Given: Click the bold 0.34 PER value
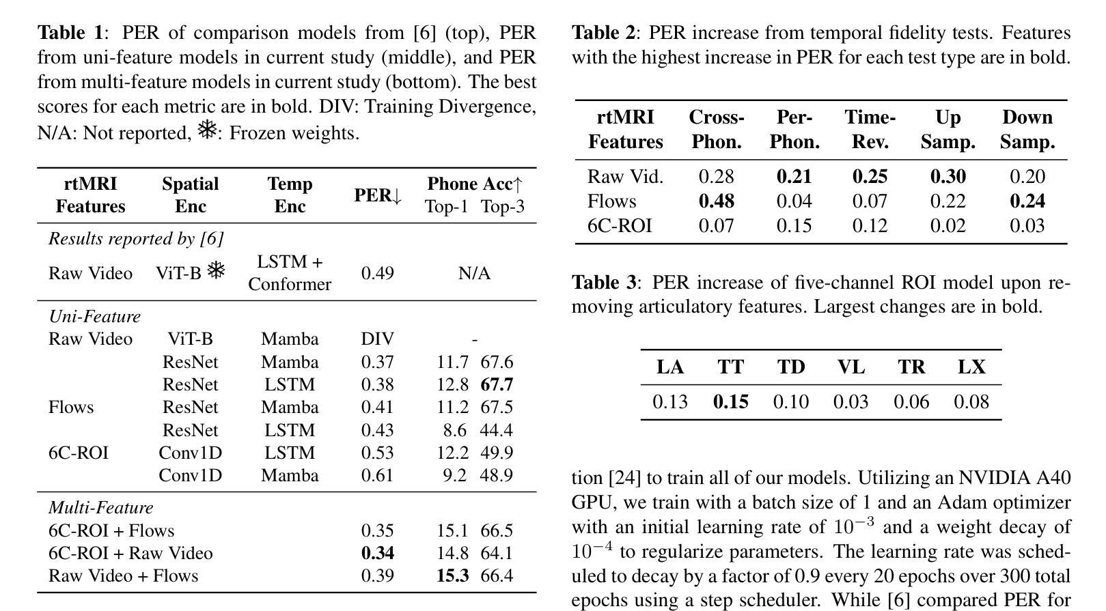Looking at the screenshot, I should [377, 553].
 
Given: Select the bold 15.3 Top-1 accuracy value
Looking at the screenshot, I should [452, 576].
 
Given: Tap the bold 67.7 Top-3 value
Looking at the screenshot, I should [497, 384].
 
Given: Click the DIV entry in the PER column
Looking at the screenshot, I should [377, 339].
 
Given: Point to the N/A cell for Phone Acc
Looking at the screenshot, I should [474, 273].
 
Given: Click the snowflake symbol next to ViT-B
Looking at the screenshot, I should [216, 271].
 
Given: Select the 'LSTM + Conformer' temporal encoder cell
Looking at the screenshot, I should [290, 273].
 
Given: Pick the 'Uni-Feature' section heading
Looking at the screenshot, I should [94, 317].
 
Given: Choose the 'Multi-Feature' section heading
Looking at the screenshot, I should [100, 508].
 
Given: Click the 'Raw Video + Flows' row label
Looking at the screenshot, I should [123, 576].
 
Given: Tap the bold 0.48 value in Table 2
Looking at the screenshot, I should [716, 201].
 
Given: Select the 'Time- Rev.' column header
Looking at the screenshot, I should [870, 130].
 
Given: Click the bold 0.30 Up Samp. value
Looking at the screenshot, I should [948, 177].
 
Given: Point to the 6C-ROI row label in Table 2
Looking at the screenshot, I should [619, 226].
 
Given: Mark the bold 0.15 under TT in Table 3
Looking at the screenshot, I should [730, 401].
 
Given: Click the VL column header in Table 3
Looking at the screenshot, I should [851, 367].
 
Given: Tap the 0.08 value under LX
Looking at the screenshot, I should [971, 401].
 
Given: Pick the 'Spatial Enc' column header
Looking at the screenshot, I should [190, 195].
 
